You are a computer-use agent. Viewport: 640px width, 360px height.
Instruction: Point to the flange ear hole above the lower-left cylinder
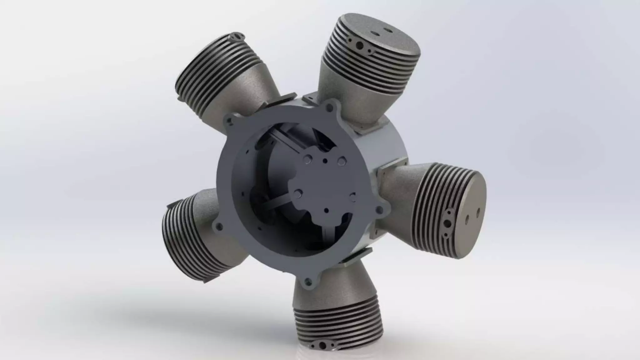[x=217, y=226]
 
